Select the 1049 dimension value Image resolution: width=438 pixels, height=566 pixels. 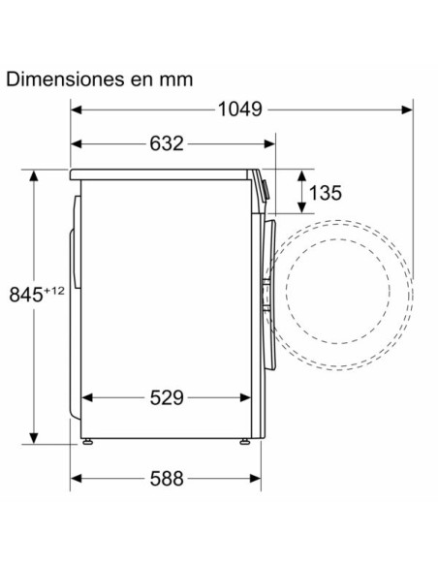[238, 110]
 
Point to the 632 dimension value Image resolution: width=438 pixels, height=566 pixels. [167, 144]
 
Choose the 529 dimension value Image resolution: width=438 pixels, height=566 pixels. [167, 397]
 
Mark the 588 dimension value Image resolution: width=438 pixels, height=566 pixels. [167, 479]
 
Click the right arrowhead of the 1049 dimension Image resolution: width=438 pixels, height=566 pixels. [410, 110]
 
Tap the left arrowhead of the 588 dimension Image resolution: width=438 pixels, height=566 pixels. [77, 479]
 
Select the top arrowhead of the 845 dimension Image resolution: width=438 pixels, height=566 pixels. [35, 175]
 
